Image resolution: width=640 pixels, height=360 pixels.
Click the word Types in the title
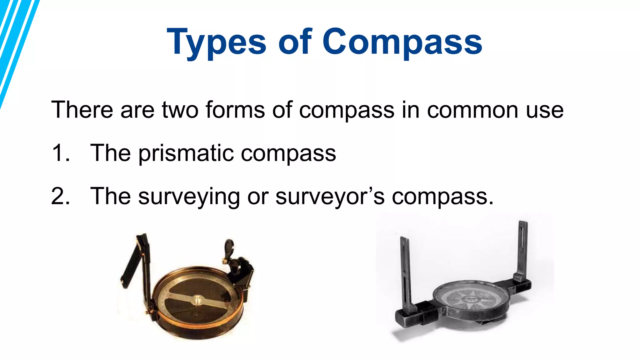[217, 42]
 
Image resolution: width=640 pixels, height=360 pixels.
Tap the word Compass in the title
[402, 42]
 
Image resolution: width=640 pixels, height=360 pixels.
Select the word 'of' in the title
[295, 42]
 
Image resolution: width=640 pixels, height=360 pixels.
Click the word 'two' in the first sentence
[180, 110]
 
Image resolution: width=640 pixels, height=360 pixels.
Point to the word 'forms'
[235, 110]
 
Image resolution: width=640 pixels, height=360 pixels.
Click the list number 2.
[60, 196]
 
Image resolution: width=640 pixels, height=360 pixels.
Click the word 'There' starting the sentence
[82, 110]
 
